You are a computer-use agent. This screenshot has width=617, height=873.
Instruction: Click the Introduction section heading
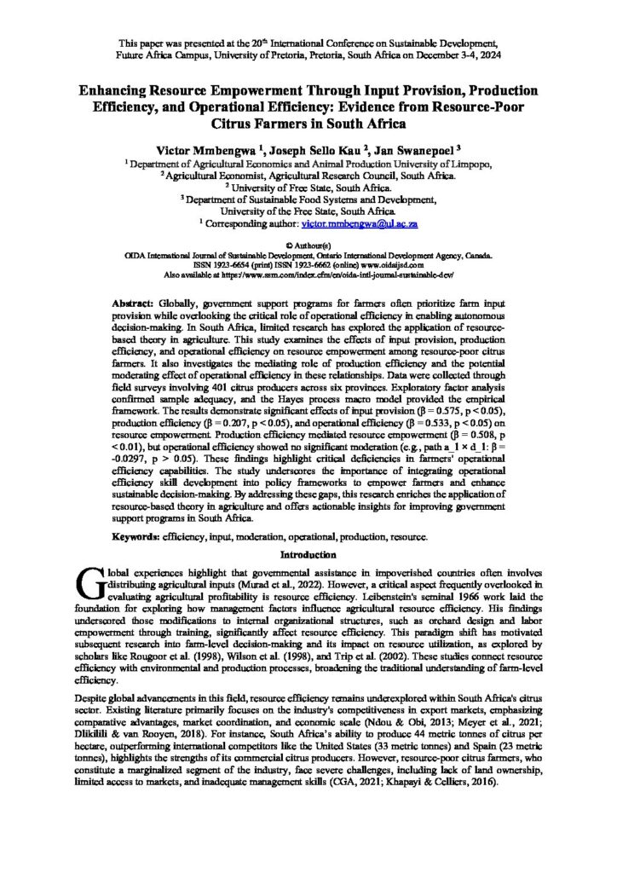(308, 554)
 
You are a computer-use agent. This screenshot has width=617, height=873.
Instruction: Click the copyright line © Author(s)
(308, 245)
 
